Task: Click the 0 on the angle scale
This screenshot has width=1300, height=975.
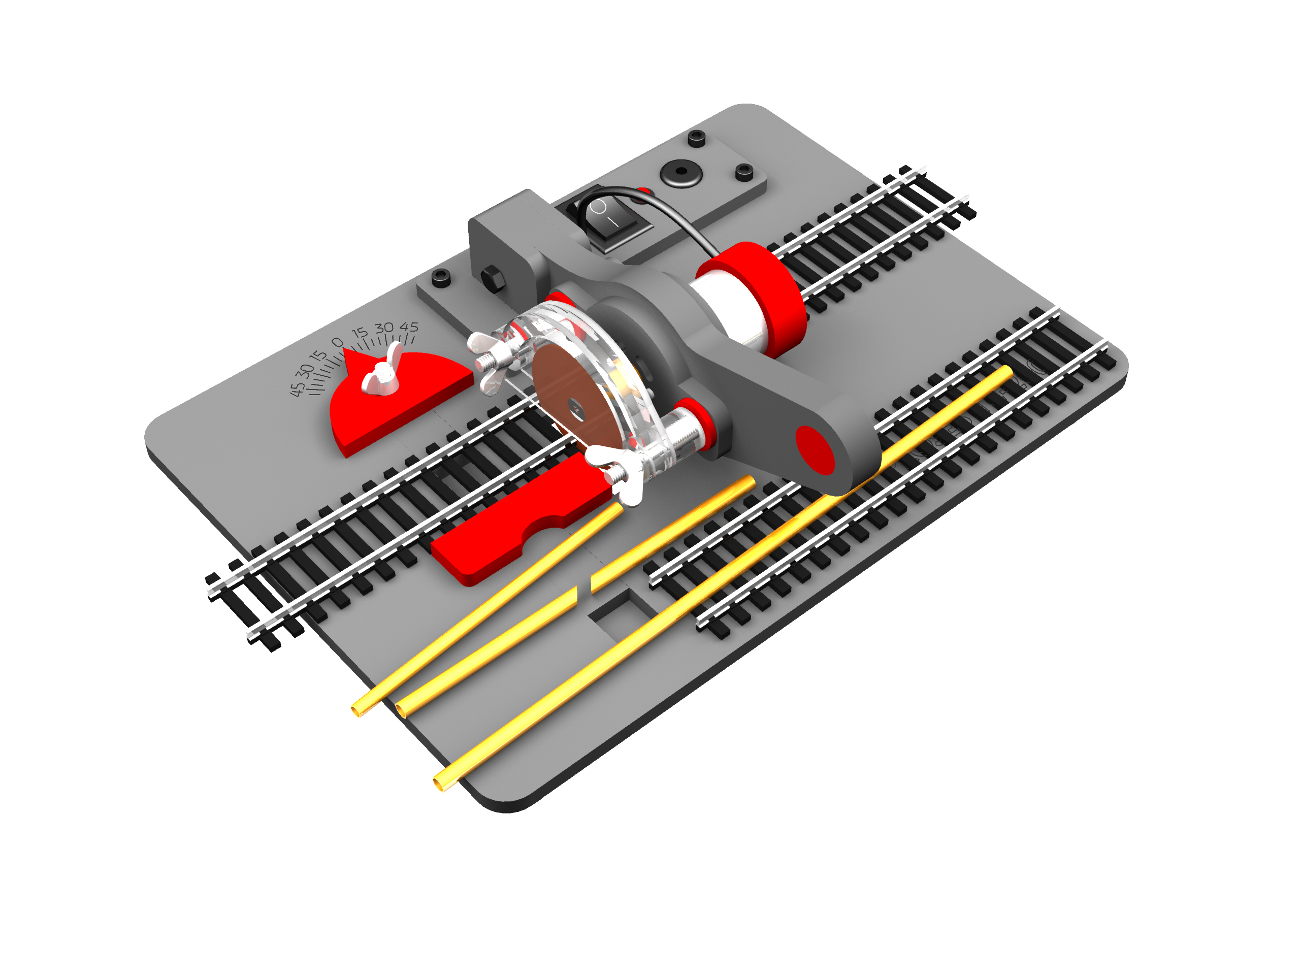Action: [x=337, y=342]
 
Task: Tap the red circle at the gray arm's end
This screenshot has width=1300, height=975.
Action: [x=815, y=450]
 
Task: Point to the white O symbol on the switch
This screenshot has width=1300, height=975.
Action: [x=598, y=207]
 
